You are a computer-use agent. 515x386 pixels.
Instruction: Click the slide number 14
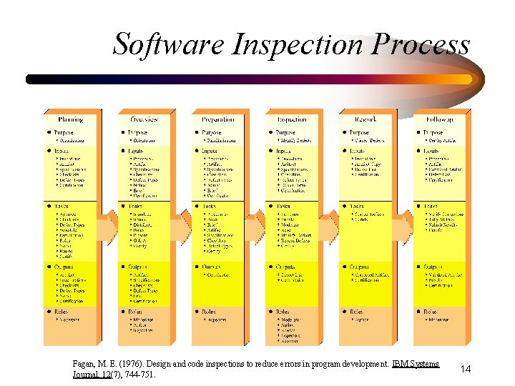tap(466, 369)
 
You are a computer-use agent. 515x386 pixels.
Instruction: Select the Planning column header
tap(71, 119)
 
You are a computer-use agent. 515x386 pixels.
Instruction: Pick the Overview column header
tap(144, 119)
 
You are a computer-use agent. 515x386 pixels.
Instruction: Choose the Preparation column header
tap(218, 119)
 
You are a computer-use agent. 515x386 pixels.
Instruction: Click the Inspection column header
tap(292, 119)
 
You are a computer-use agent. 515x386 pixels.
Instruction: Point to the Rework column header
tap(366, 119)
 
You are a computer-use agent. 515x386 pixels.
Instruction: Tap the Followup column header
tap(439, 119)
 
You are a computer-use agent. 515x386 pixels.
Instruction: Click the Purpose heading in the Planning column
tap(64, 132)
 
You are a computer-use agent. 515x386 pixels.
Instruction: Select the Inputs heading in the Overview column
tap(137, 152)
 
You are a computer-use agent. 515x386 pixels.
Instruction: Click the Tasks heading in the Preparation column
tap(210, 207)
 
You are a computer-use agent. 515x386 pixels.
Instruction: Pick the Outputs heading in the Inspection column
tap(285, 267)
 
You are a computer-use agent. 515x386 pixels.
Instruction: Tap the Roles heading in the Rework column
tap(357, 312)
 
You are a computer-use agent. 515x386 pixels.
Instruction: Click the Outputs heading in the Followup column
tap(433, 267)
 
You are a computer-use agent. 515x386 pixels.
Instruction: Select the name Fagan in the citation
tap(84, 365)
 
